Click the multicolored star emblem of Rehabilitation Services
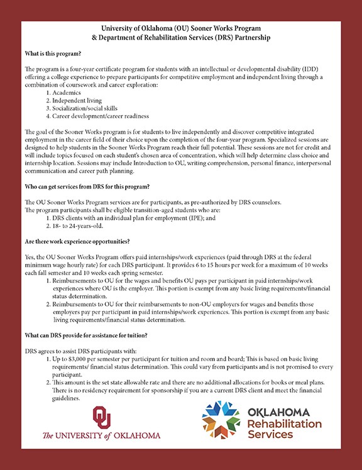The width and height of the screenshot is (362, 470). pos(221,420)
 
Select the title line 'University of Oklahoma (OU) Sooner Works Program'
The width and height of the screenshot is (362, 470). pos(181,29)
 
